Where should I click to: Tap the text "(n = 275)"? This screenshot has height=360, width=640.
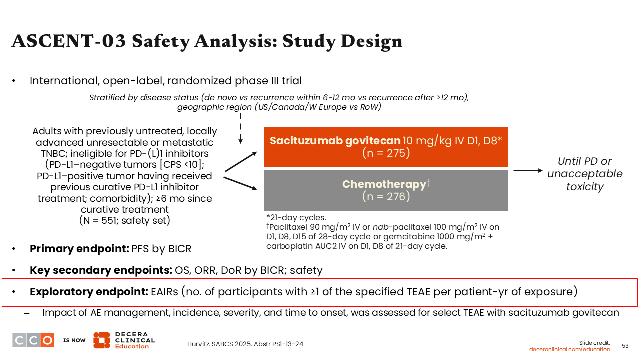(x=386, y=153)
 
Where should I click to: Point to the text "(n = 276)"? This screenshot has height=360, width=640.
(x=386, y=197)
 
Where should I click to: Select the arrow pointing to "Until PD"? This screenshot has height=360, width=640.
(x=528, y=171)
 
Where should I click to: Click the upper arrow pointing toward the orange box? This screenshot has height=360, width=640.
(x=241, y=162)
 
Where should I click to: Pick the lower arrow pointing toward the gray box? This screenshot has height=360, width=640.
(x=240, y=183)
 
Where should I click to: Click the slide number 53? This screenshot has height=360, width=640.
(x=625, y=346)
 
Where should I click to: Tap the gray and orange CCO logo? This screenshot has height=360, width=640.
(x=33, y=340)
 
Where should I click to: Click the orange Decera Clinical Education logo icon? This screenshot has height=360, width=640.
(x=102, y=340)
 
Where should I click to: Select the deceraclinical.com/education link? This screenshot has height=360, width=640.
(x=569, y=349)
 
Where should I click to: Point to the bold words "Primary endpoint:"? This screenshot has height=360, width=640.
(x=79, y=249)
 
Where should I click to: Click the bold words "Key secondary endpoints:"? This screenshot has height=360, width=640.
(x=101, y=270)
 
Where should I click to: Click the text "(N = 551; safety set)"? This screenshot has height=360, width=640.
(x=125, y=220)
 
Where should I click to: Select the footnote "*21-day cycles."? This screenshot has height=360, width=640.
(x=296, y=218)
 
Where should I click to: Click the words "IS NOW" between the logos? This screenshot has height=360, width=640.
(x=74, y=340)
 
